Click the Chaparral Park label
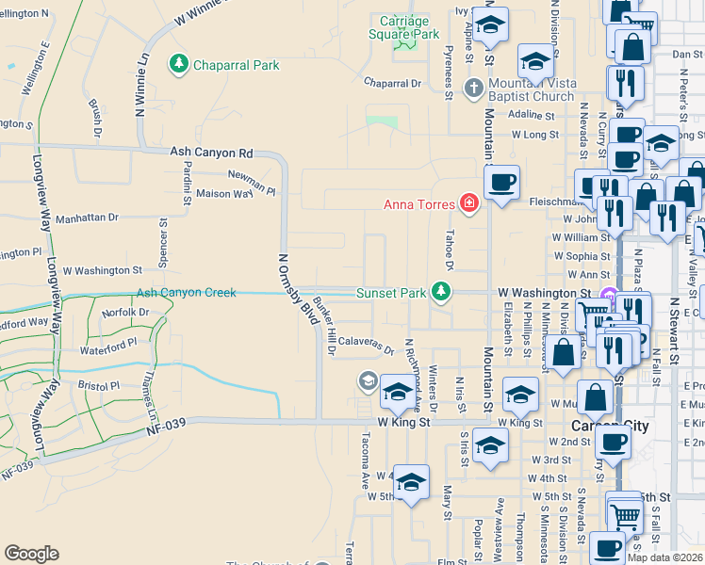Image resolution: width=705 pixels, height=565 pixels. (237, 65)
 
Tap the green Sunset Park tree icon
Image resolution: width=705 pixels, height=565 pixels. (439, 292)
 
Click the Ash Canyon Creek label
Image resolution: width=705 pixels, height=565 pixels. (186, 293)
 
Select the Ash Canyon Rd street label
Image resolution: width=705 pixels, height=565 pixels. (212, 152)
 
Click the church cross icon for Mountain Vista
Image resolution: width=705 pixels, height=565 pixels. (480, 83)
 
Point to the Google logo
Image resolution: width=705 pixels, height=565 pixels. (31, 554)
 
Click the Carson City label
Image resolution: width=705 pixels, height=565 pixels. (611, 426)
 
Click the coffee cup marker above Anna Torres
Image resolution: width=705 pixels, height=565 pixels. (501, 181)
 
